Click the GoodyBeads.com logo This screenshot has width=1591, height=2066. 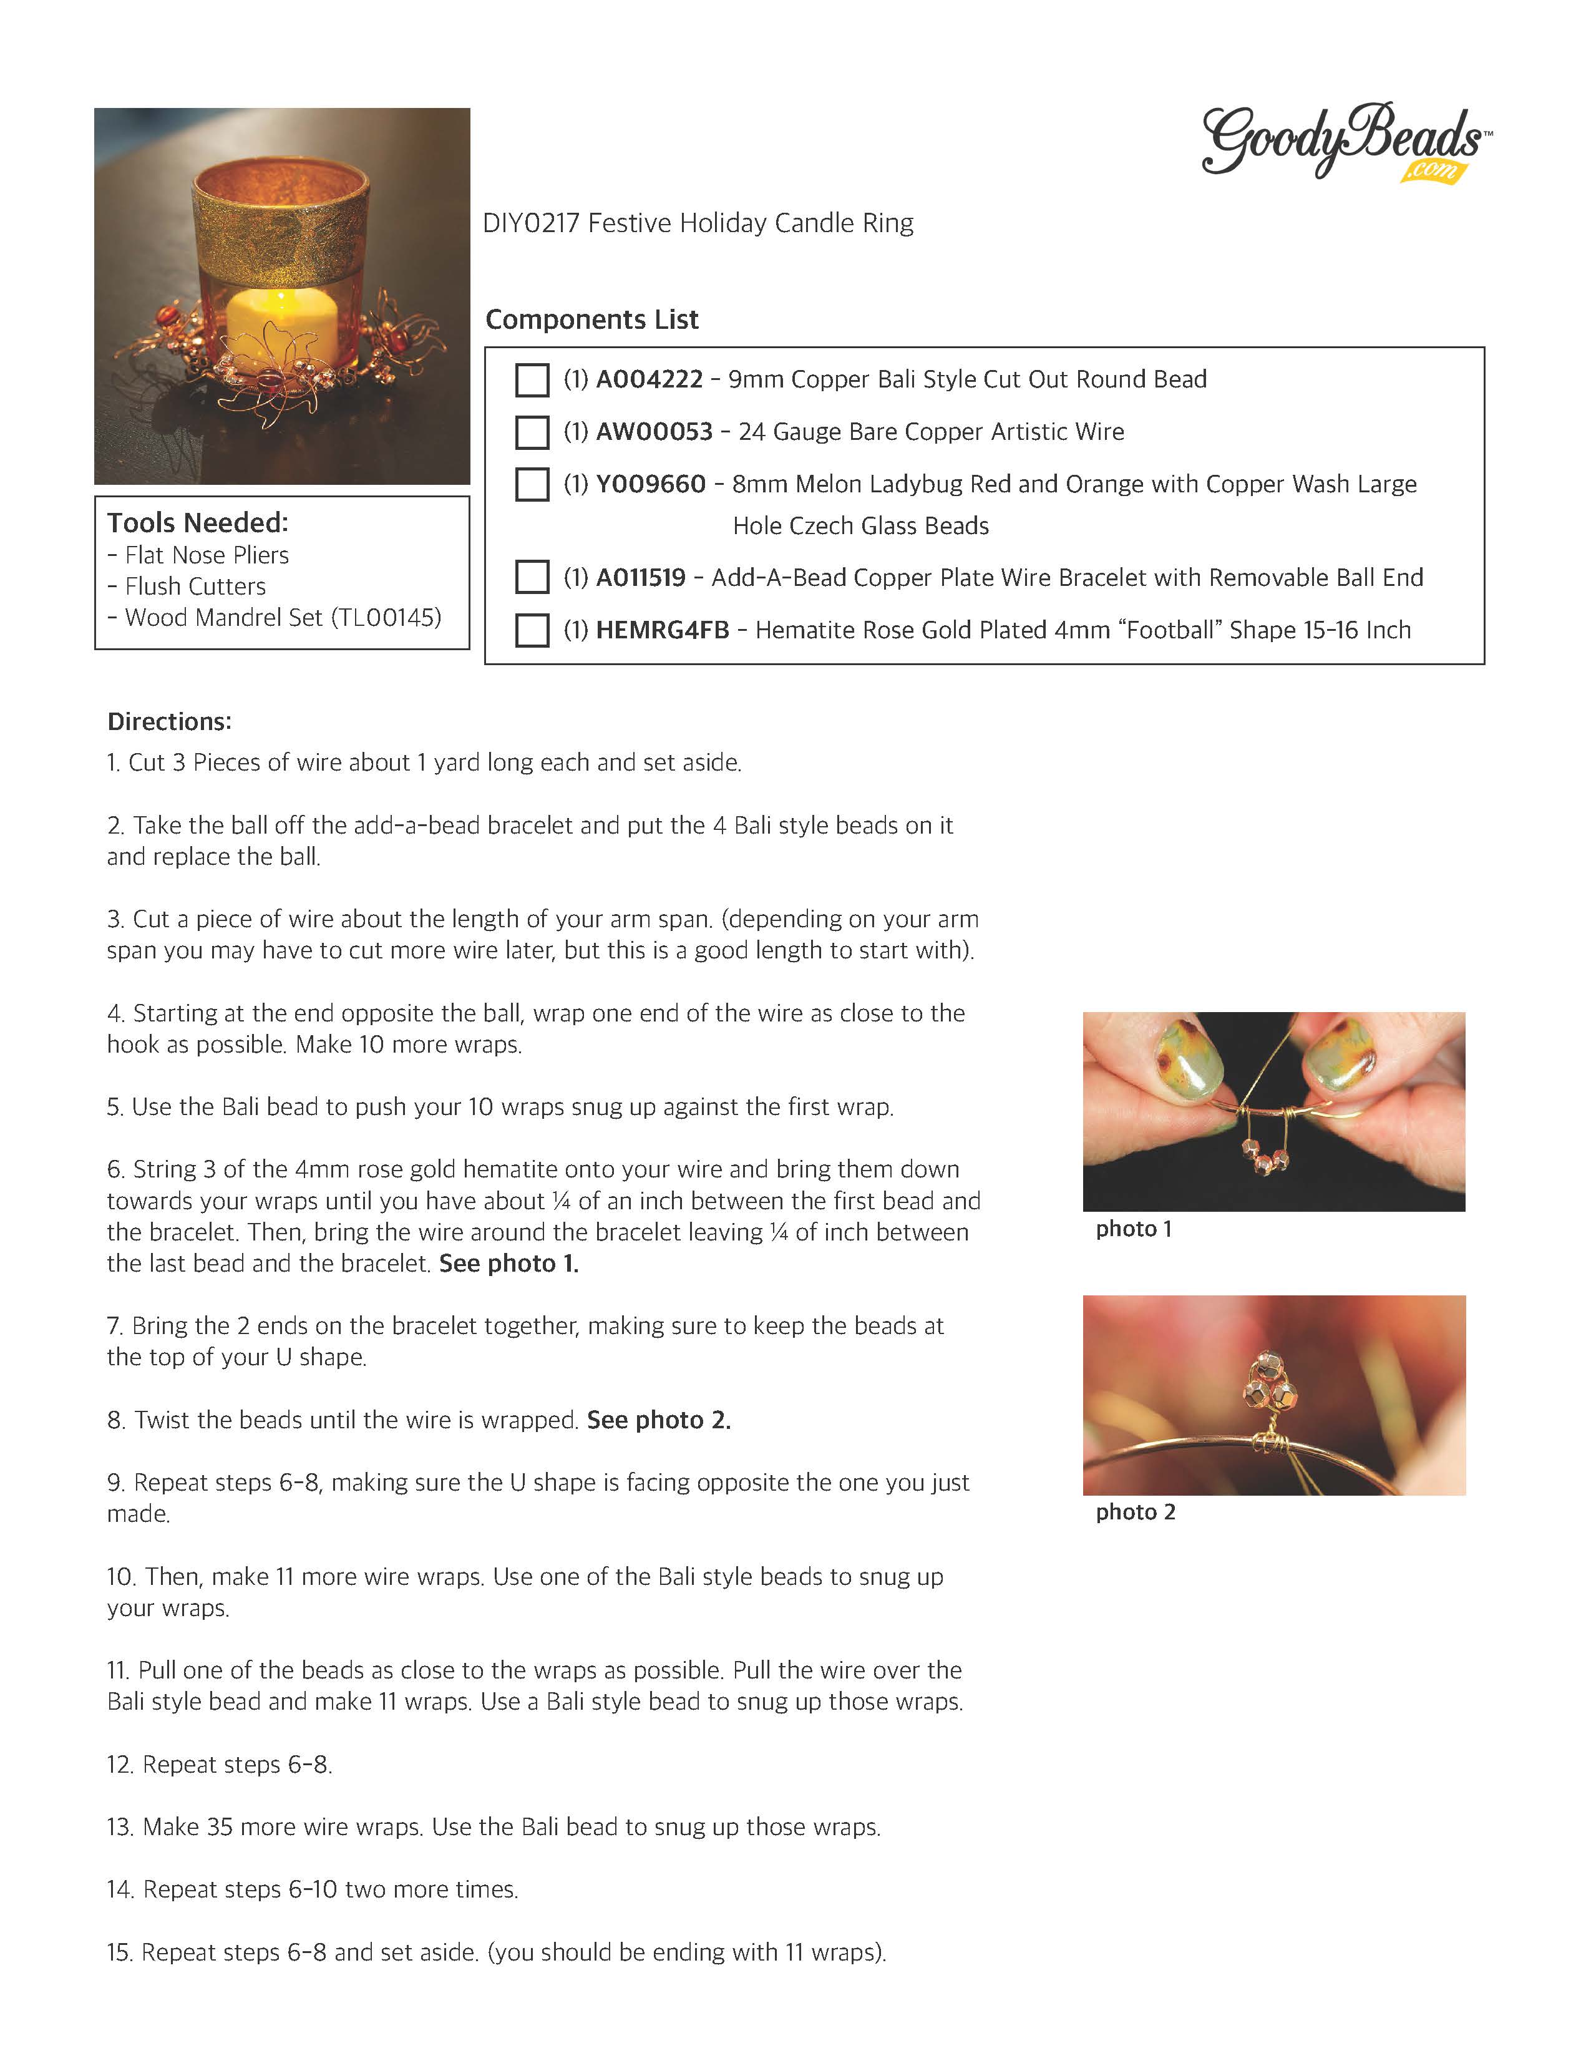1344,142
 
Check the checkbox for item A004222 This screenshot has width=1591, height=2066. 532,380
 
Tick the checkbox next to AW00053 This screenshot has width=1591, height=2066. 532,432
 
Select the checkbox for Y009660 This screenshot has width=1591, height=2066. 532,484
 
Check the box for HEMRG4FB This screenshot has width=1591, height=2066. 532,630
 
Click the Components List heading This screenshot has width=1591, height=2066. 591,319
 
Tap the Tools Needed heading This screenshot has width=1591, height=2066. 197,522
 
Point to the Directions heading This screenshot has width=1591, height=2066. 169,722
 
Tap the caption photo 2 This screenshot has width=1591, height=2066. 1135,1512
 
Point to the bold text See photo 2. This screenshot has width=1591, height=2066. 658,1420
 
